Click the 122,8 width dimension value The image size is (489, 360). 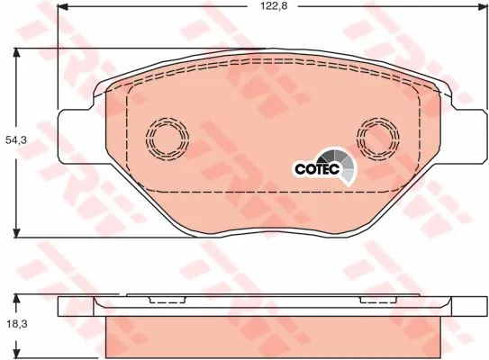pyautogui.click(x=274, y=6)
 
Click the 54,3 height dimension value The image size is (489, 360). pyautogui.click(x=16, y=140)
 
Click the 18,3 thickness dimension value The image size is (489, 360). pyautogui.click(x=17, y=324)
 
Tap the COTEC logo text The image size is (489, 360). pyautogui.click(x=317, y=169)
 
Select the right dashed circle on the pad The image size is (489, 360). pyautogui.click(x=378, y=139)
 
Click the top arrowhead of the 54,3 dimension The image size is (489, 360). pyautogui.click(x=16, y=54)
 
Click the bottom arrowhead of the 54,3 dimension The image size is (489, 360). pyautogui.click(x=16, y=232)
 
